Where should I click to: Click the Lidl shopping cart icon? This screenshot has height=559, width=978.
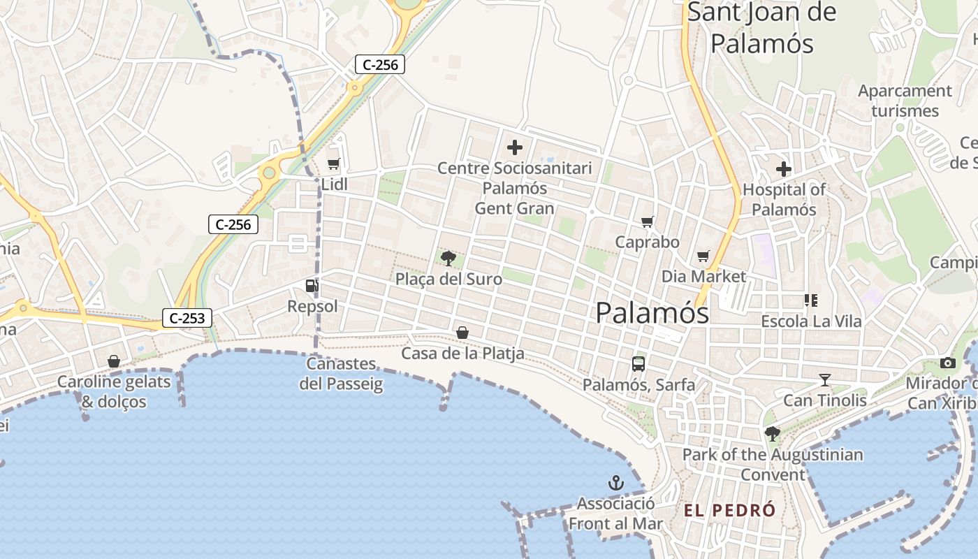pyautogui.click(x=333, y=164)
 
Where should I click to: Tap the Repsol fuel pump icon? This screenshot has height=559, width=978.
pyautogui.click(x=312, y=285)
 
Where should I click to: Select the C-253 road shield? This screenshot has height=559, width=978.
pyautogui.click(x=187, y=319)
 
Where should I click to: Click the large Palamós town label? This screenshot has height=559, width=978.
pyautogui.click(x=652, y=312)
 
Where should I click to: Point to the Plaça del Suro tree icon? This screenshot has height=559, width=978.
pyautogui.click(x=448, y=259)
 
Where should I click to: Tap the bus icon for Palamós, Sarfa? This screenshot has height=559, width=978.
pyautogui.click(x=638, y=363)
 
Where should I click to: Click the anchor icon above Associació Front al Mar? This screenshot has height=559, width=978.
pyautogui.click(x=615, y=483)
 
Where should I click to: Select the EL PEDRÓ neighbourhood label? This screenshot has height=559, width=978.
pyautogui.click(x=729, y=510)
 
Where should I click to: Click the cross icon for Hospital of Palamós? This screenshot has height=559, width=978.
pyautogui.click(x=784, y=168)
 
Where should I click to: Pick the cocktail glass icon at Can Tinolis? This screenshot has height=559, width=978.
pyautogui.click(x=825, y=380)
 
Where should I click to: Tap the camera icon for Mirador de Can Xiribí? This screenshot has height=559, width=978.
pyautogui.click(x=948, y=363)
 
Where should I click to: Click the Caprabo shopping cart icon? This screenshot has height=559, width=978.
pyautogui.click(x=648, y=222)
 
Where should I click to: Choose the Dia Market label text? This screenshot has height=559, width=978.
pyautogui.click(x=703, y=277)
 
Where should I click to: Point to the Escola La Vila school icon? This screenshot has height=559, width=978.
pyautogui.click(x=811, y=300)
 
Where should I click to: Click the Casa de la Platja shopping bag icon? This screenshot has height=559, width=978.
pyautogui.click(x=462, y=333)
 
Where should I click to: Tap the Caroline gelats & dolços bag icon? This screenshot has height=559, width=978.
pyautogui.click(x=114, y=361)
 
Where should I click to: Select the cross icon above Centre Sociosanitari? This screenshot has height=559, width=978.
pyautogui.click(x=515, y=147)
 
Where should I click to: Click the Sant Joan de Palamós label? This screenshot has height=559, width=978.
pyautogui.click(x=762, y=28)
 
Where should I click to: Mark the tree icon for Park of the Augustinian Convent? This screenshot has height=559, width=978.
pyautogui.click(x=772, y=434)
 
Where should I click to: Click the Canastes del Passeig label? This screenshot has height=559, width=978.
pyautogui.click(x=342, y=374)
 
